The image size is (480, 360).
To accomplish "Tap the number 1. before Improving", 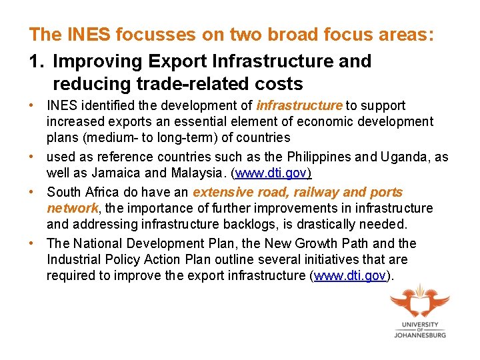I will (x=37, y=61).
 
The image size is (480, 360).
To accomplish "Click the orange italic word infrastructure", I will (x=299, y=105).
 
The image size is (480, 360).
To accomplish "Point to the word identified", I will (x=110, y=105).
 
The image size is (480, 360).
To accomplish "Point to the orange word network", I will (x=72, y=209).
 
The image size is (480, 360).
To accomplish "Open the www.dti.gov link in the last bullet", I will (x=351, y=276).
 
